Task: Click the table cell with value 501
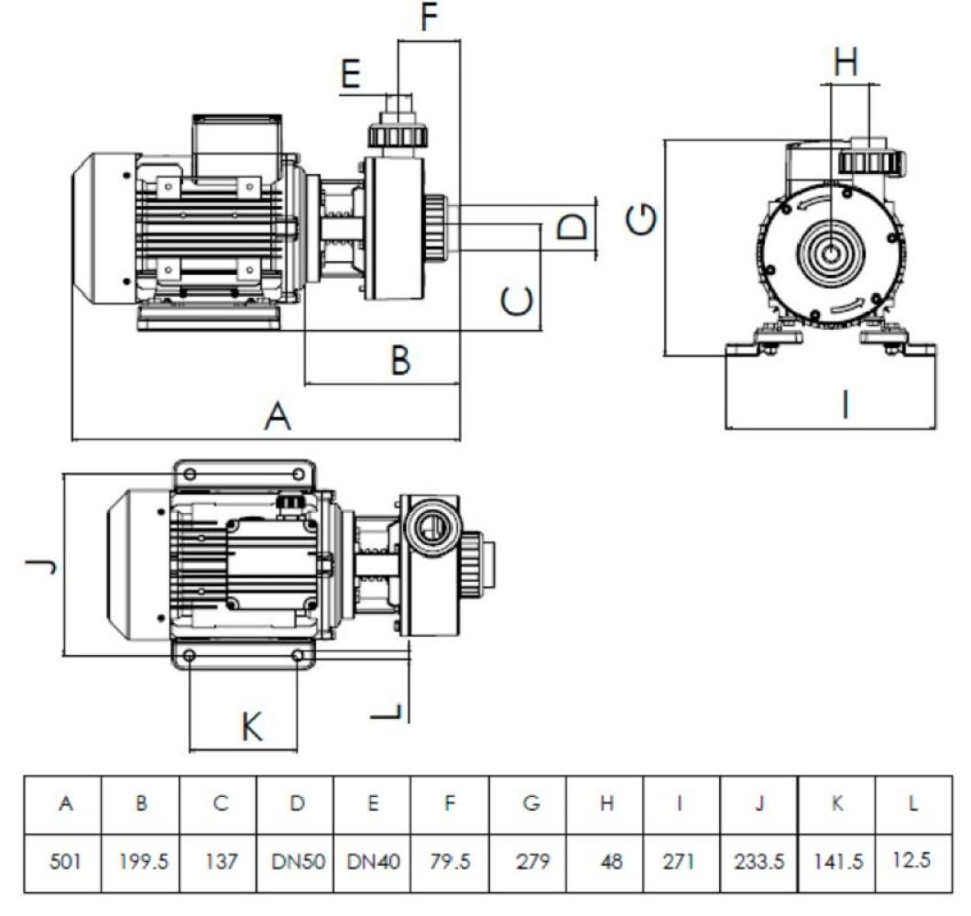point(64,860)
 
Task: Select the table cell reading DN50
point(296,860)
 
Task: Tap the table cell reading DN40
point(373,860)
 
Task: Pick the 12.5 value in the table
point(913,858)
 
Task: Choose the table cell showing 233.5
point(759,860)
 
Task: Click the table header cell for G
point(529,804)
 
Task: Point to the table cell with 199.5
point(141,860)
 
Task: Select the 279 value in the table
point(529,860)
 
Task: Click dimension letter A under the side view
point(277,418)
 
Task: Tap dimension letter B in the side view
point(400,360)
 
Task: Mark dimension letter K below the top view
point(251,729)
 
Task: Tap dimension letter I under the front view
point(844,404)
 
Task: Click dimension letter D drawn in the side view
point(572,226)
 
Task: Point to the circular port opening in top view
point(431,527)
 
